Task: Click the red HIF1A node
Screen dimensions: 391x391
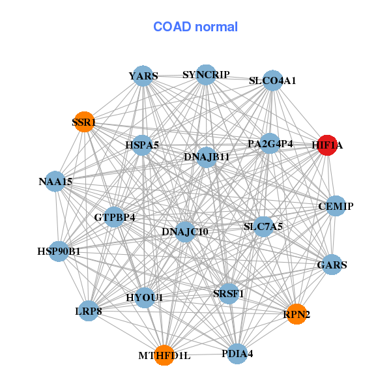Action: (x=326, y=146)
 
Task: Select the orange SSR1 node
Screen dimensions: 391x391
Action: (x=84, y=122)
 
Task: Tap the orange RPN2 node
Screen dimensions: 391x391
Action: (x=297, y=314)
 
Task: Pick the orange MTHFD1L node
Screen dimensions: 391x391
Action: (x=164, y=355)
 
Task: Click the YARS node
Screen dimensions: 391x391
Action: (x=143, y=76)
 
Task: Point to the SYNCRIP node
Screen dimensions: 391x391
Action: (x=206, y=75)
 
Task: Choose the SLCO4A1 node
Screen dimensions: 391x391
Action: (x=272, y=81)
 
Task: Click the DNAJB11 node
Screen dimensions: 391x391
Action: (x=206, y=157)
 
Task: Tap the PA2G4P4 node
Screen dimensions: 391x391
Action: (x=270, y=143)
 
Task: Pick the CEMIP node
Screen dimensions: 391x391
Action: (x=336, y=207)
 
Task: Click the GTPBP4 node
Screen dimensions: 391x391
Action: (x=115, y=217)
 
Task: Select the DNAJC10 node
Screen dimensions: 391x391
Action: (x=185, y=231)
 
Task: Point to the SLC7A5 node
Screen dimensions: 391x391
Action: (x=263, y=227)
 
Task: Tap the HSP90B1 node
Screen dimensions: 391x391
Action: (x=59, y=251)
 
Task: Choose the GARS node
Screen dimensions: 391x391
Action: (x=332, y=265)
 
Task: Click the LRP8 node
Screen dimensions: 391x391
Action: (x=89, y=311)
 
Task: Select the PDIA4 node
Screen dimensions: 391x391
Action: (x=237, y=354)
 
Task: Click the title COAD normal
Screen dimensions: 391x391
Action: (x=195, y=27)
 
